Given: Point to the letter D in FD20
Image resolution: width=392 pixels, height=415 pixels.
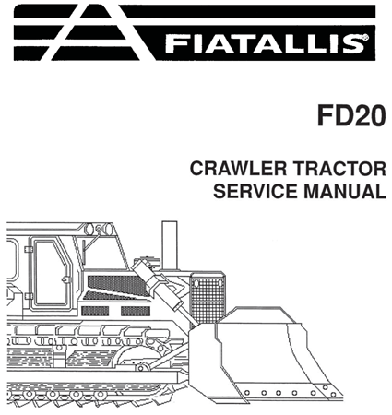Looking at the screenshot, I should click(337, 118).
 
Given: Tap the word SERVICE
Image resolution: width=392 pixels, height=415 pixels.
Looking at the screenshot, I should click(255, 192).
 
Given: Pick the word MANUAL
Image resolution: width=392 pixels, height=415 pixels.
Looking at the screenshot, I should click(342, 192).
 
